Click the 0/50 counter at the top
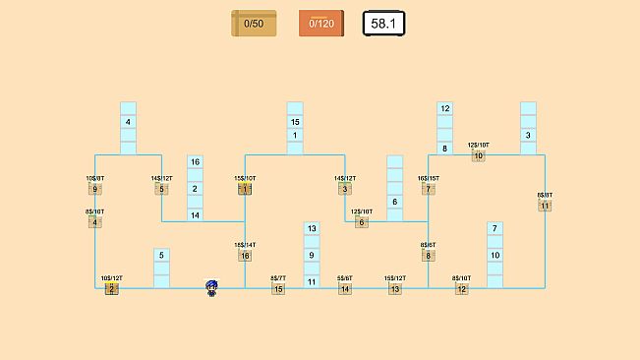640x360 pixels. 254,24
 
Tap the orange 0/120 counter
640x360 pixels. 321,24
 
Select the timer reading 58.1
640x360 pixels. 384,24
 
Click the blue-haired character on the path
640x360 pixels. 211,287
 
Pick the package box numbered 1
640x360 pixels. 245,189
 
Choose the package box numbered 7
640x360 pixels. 429,189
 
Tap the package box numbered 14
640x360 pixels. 345,289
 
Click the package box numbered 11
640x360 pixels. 545,206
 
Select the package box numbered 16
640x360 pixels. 245,256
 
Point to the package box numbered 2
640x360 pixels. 112,289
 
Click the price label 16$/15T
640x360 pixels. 429,178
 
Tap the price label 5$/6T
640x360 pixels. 345,278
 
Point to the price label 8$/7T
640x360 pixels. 278,278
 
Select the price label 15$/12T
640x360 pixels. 395,278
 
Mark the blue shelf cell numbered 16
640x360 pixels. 195,162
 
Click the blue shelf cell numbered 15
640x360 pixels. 295,122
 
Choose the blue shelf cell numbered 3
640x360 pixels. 528,135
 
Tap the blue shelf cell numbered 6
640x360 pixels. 395,202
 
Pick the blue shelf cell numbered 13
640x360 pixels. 312,228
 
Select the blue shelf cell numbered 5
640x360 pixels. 161,255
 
